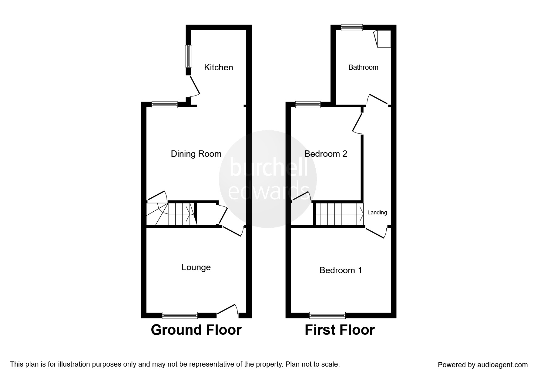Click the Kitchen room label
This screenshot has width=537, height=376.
click(218, 67)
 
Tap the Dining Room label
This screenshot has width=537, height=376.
click(196, 154)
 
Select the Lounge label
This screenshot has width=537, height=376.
click(196, 267)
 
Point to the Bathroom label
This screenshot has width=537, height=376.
click(363, 67)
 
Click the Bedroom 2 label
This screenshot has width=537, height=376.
click(326, 154)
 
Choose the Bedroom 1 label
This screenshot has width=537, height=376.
click(341, 270)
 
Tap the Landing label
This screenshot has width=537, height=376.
click(377, 213)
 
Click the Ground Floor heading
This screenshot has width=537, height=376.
click(196, 330)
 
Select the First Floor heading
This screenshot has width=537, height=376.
click(340, 330)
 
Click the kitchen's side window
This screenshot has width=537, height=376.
click(189, 56)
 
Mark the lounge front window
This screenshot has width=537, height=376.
click(180, 316)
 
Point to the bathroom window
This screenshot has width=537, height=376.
click(352, 27)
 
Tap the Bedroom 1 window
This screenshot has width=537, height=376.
click(327, 316)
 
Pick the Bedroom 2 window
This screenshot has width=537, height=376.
click(308, 105)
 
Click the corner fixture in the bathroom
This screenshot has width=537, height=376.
click(383, 39)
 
